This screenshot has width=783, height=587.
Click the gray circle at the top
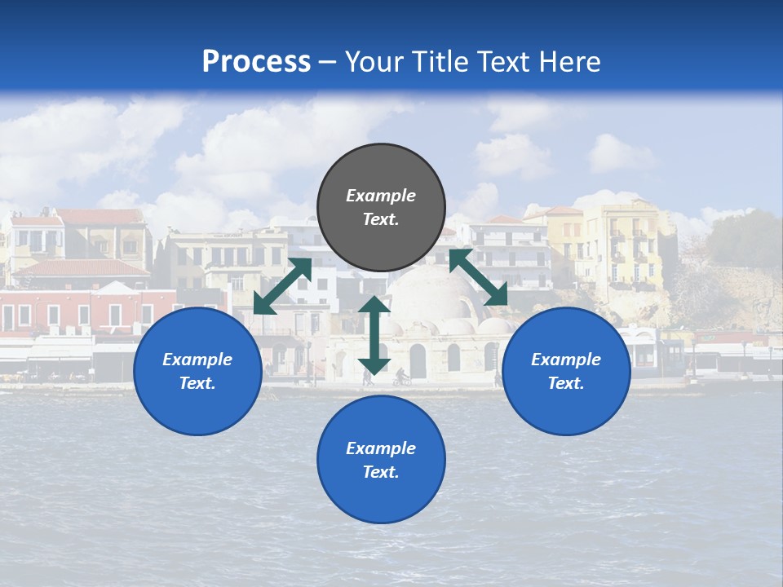click(381, 208)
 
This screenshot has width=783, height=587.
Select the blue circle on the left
click(197, 372)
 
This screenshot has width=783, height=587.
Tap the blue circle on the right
click(566, 372)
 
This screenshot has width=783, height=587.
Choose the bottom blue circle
click(381, 460)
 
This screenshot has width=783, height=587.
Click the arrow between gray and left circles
click(282, 286)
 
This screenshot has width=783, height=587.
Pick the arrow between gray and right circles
click(478, 277)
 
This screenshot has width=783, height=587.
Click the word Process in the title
click(256, 61)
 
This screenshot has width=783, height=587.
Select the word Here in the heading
click(570, 61)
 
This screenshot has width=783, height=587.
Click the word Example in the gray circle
click(381, 196)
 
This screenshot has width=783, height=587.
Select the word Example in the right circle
click(566, 360)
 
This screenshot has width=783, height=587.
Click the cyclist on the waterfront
click(400, 377)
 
